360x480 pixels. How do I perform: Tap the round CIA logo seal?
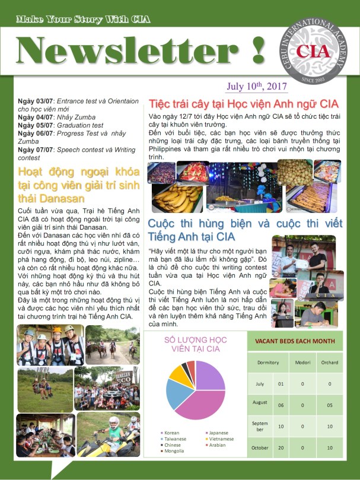coord(315,50)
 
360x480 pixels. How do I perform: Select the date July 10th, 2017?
coord(257,86)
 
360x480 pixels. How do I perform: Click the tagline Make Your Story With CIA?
coord(83,20)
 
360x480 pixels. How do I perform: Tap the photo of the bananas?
coord(177,198)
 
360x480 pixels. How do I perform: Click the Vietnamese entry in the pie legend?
coord(221,439)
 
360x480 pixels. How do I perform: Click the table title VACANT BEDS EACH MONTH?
coord(294,341)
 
